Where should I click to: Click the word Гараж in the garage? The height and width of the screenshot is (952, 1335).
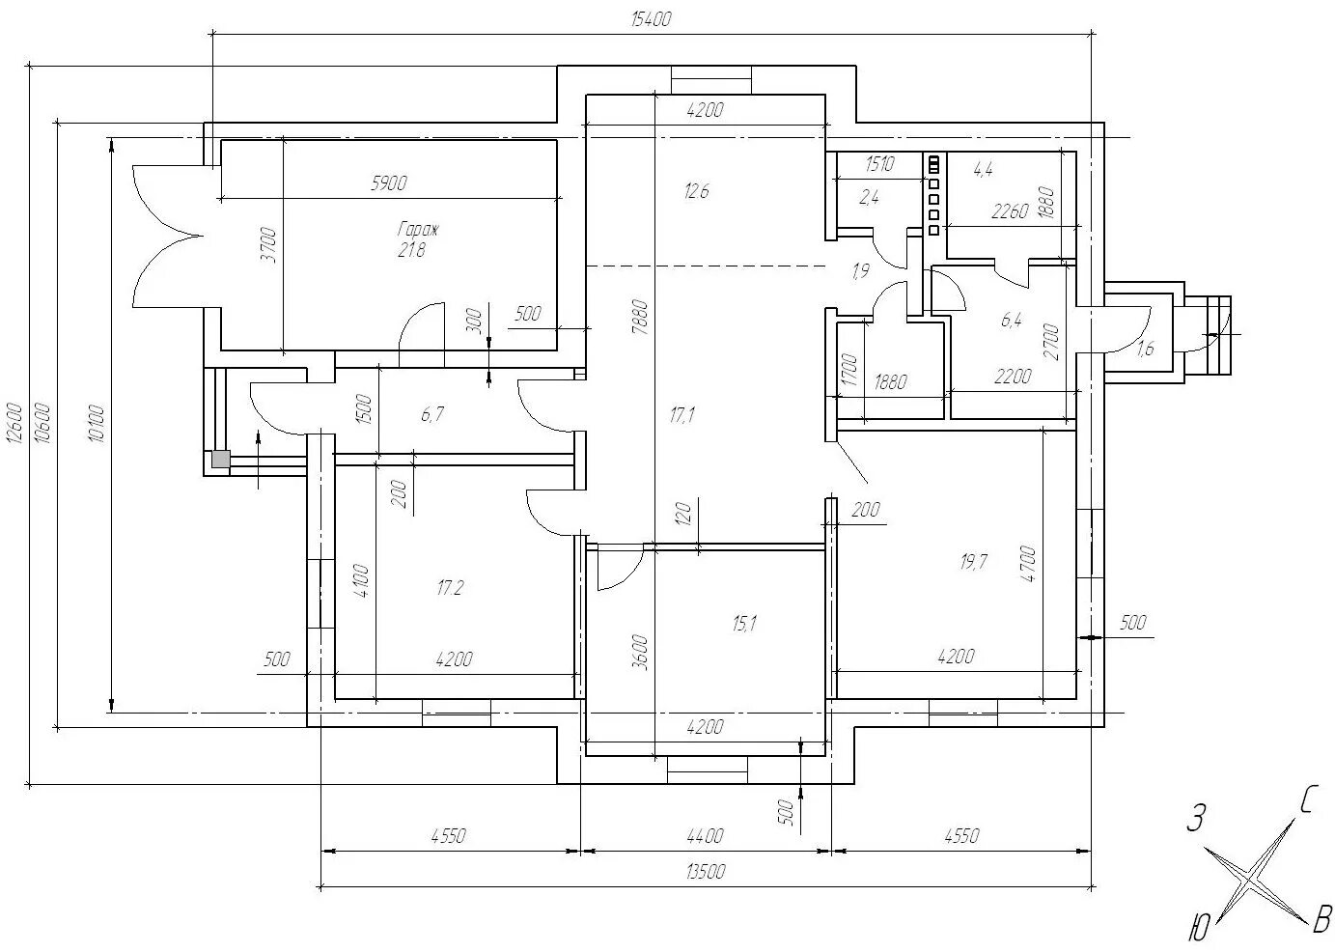418,230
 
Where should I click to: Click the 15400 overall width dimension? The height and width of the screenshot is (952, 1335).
652,19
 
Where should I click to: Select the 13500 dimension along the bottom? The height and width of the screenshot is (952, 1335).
706,872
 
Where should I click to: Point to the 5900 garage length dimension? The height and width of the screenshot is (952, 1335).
389,183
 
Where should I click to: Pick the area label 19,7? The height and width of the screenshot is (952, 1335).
974,562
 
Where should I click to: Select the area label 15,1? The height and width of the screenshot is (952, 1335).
744,624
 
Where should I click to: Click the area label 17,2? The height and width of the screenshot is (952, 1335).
450,588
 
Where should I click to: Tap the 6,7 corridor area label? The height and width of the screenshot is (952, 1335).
432,413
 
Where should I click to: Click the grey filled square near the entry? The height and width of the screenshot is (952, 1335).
221,459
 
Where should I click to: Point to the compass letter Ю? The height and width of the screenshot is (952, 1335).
1199,928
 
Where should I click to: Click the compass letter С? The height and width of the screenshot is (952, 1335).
1306,800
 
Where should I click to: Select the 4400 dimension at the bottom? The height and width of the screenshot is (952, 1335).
705,836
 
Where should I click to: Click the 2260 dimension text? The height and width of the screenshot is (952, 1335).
1011,211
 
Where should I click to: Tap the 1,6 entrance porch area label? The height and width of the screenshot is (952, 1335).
1146,348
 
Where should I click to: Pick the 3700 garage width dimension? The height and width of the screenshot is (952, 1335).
269,245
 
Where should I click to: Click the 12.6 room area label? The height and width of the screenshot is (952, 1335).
697,191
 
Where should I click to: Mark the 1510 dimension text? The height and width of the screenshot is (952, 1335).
879,164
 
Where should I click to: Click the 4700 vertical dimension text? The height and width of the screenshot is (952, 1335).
1028,564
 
